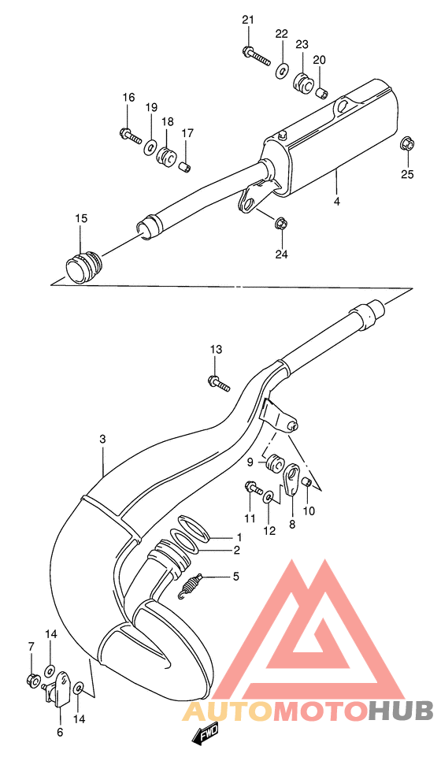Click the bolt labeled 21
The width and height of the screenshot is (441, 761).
pos(256,56)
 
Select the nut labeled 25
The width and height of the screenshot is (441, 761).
pos(406,144)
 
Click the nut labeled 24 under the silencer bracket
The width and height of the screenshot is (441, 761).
pos(282,225)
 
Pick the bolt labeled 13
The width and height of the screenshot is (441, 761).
pos(217,383)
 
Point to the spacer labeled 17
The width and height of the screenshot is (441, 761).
pos(186,165)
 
